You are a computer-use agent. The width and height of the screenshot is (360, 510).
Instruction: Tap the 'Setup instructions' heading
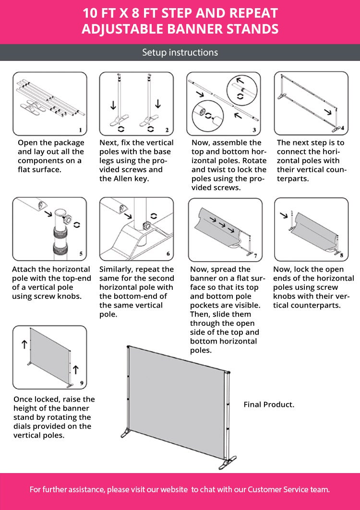pyautogui.click(x=180, y=52)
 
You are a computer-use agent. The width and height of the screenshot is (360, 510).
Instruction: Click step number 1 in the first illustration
pyautogui.click(x=80, y=130)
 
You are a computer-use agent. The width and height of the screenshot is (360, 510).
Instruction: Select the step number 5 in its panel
pyautogui.click(x=80, y=254)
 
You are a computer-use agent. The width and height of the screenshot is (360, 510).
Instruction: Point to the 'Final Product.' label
pyautogui.click(x=269, y=404)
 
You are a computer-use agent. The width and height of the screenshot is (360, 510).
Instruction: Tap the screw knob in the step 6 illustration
pyautogui.click(x=146, y=225)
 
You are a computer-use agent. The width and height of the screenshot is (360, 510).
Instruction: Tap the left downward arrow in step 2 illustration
pyautogui.click(x=113, y=105)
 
